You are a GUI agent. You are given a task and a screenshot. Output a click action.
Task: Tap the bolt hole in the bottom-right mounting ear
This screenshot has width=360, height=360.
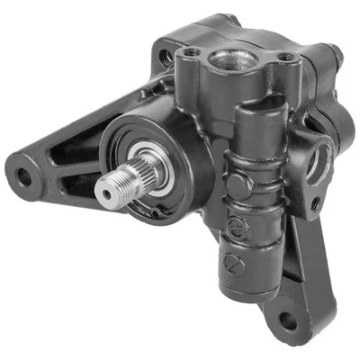coord(288,319)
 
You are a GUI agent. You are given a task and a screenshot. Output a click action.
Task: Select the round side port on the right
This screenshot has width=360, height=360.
coord(318,163)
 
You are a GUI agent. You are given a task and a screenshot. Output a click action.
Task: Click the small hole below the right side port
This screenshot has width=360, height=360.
coord(314,203)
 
